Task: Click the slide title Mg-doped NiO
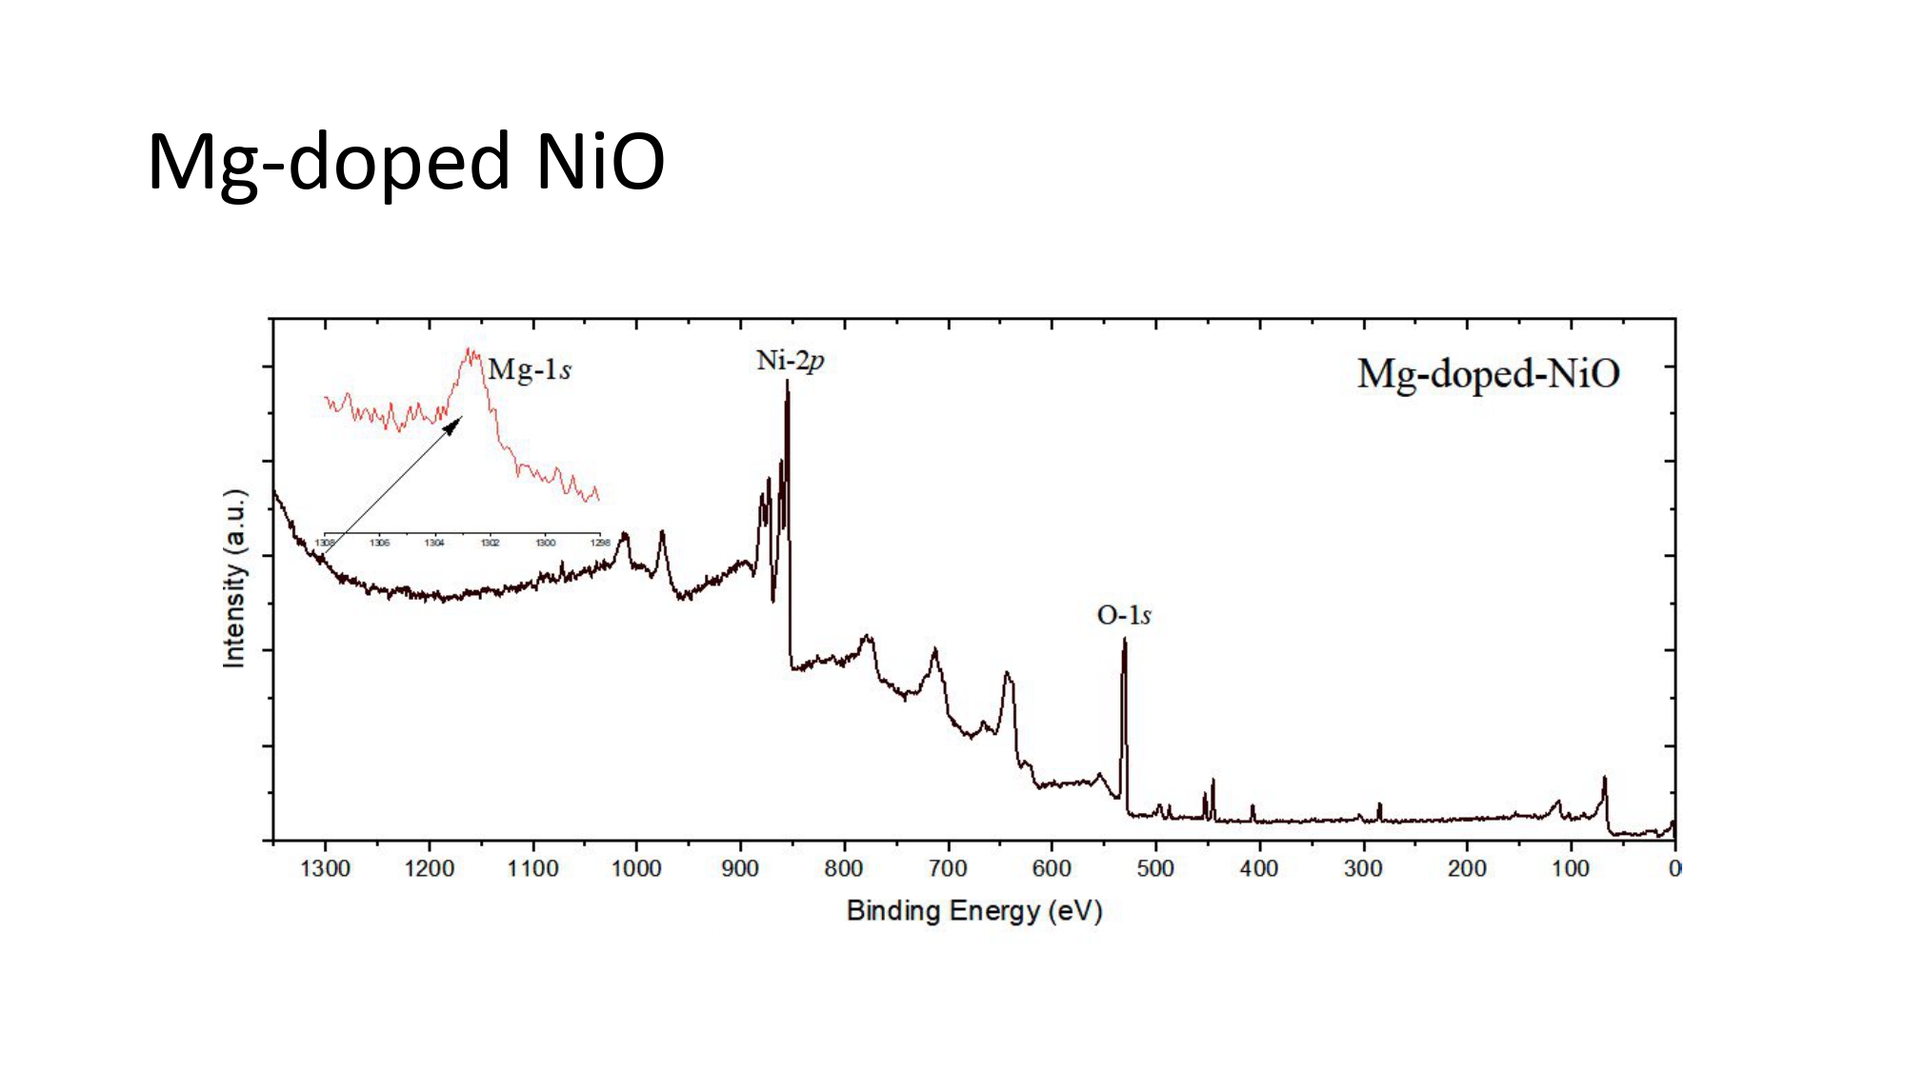[406, 162]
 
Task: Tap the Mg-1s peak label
[530, 369]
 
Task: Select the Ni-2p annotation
[790, 361]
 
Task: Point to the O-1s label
[1124, 615]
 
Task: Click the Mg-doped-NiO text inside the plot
[1488, 373]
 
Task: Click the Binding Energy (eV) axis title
[973, 911]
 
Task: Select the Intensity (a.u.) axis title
[234, 578]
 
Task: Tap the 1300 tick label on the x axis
[325, 868]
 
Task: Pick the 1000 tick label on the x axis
[636, 868]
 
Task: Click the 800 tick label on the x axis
[844, 868]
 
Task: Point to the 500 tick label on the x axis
[1155, 868]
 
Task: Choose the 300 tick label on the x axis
[1363, 868]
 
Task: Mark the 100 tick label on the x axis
[1571, 868]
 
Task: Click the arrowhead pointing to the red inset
[454, 424]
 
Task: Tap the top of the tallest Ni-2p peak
[787, 383]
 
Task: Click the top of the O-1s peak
[1124, 641]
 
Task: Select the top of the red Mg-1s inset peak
[470, 351]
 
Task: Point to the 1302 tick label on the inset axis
[490, 543]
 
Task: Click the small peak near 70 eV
[1604, 780]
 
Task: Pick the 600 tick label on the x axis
[1052, 868]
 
